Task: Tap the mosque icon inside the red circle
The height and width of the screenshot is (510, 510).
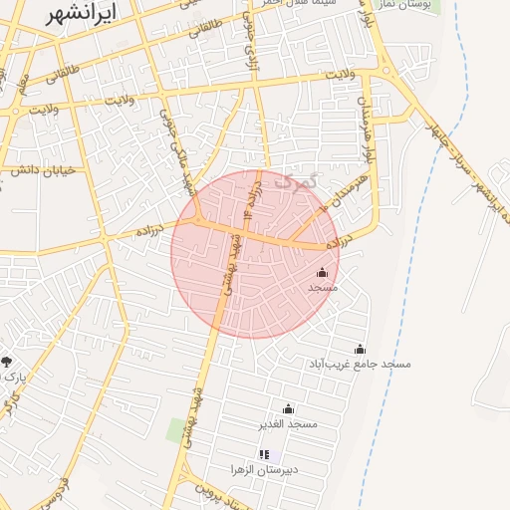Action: (x=322, y=272)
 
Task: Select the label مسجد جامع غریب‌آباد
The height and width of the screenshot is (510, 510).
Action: (x=360, y=365)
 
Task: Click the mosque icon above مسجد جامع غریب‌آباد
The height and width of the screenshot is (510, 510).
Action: (x=360, y=349)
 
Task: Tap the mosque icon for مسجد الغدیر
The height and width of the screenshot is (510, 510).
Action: (x=289, y=408)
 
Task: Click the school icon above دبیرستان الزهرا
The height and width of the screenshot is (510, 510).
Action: (x=264, y=454)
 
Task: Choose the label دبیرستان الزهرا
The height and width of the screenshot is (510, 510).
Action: (x=264, y=469)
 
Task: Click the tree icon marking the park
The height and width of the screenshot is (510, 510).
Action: (x=7, y=362)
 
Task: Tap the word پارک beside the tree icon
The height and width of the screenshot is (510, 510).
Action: (x=13, y=378)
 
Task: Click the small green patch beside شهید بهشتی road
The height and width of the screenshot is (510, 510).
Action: (x=178, y=430)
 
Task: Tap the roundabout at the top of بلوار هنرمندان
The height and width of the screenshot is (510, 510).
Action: (x=383, y=71)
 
